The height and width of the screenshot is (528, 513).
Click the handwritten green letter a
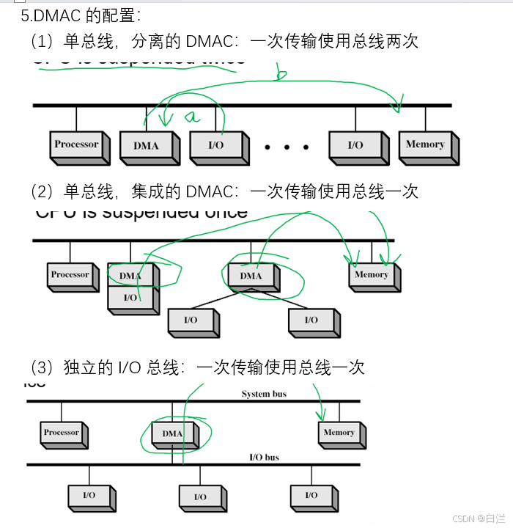point(192,116)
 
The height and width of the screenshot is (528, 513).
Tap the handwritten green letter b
point(281,72)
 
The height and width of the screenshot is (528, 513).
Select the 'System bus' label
point(264,395)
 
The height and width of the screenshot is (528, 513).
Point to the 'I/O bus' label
point(264,458)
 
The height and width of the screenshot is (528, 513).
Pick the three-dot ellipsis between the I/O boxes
point(287,147)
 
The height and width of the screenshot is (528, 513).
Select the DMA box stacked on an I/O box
point(130,275)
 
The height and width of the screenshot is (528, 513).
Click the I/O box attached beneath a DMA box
point(130,297)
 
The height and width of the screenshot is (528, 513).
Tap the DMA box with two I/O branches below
point(251,276)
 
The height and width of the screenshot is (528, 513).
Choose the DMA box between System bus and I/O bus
point(172,433)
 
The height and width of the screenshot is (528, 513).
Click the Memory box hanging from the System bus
point(339,433)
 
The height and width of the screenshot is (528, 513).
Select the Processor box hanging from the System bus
point(61,433)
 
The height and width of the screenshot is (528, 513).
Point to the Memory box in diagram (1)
point(425,144)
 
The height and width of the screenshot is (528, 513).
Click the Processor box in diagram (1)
point(76,144)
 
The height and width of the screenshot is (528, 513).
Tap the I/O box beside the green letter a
point(215,145)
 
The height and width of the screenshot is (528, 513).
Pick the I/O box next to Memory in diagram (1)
point(355,145)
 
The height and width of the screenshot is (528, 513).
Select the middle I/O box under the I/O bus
point(200,496)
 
